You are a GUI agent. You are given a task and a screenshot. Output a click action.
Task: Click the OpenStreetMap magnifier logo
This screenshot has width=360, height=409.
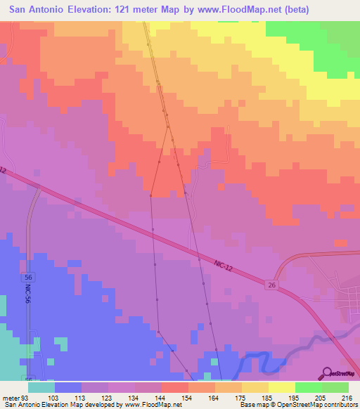point(327,372)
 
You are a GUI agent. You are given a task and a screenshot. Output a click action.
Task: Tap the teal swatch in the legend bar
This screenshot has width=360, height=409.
point(41,387)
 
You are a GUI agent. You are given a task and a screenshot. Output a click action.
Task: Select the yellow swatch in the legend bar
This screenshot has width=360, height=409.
point(282,387)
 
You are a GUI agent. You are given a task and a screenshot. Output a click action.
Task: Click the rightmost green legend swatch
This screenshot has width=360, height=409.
point(335,387)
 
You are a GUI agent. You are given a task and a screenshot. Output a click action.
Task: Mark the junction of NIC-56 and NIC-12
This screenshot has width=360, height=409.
point(32,188)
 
